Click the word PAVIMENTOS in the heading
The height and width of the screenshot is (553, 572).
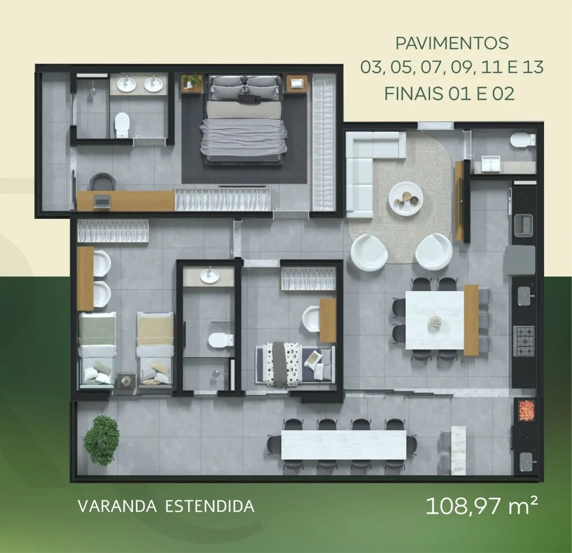coord(451,44)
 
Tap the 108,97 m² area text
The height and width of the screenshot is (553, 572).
coord(482,506)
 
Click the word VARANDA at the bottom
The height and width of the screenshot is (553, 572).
coord(117,506)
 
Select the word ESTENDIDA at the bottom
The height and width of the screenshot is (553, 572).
coord(210,506)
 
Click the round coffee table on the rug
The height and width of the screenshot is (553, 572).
coord(406,198)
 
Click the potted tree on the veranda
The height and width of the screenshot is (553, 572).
coord(101,440)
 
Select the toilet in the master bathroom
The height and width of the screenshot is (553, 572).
coord(122,125)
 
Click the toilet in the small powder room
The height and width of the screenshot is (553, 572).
coord(522,140)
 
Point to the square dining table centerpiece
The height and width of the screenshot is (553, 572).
coord(435,321)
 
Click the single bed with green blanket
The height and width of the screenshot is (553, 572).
coord(97,349)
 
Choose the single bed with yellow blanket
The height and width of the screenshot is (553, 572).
coord(155,349)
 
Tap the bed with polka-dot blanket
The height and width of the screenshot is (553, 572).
coord(295,364)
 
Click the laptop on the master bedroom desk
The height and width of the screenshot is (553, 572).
coord(102,201)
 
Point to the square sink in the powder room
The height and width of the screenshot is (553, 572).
coord(490,164)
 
